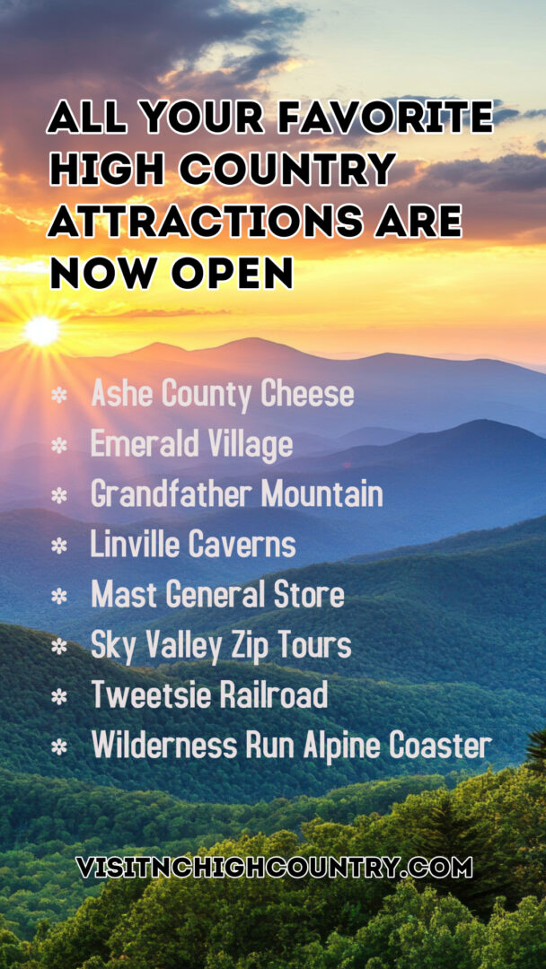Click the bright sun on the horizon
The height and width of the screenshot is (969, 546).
click(41, 330)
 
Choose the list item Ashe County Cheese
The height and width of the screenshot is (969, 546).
click(223, 394)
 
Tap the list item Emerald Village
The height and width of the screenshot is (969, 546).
click(191, 445)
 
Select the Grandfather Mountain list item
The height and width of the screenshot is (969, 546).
click(237, 494)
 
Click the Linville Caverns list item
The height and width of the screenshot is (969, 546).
click(193, 545)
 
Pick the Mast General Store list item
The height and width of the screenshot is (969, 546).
click(217, 595)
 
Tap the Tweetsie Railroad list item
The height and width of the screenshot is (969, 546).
click(209, 694)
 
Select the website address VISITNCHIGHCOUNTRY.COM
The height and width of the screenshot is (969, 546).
click(274, 867)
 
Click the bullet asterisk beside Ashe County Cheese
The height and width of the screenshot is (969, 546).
click(58, 396)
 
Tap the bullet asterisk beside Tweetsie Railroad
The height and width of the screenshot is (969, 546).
click(58, 696)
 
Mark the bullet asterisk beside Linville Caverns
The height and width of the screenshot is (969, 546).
click(58, 546)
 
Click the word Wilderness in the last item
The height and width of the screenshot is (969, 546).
click(164, 746)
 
